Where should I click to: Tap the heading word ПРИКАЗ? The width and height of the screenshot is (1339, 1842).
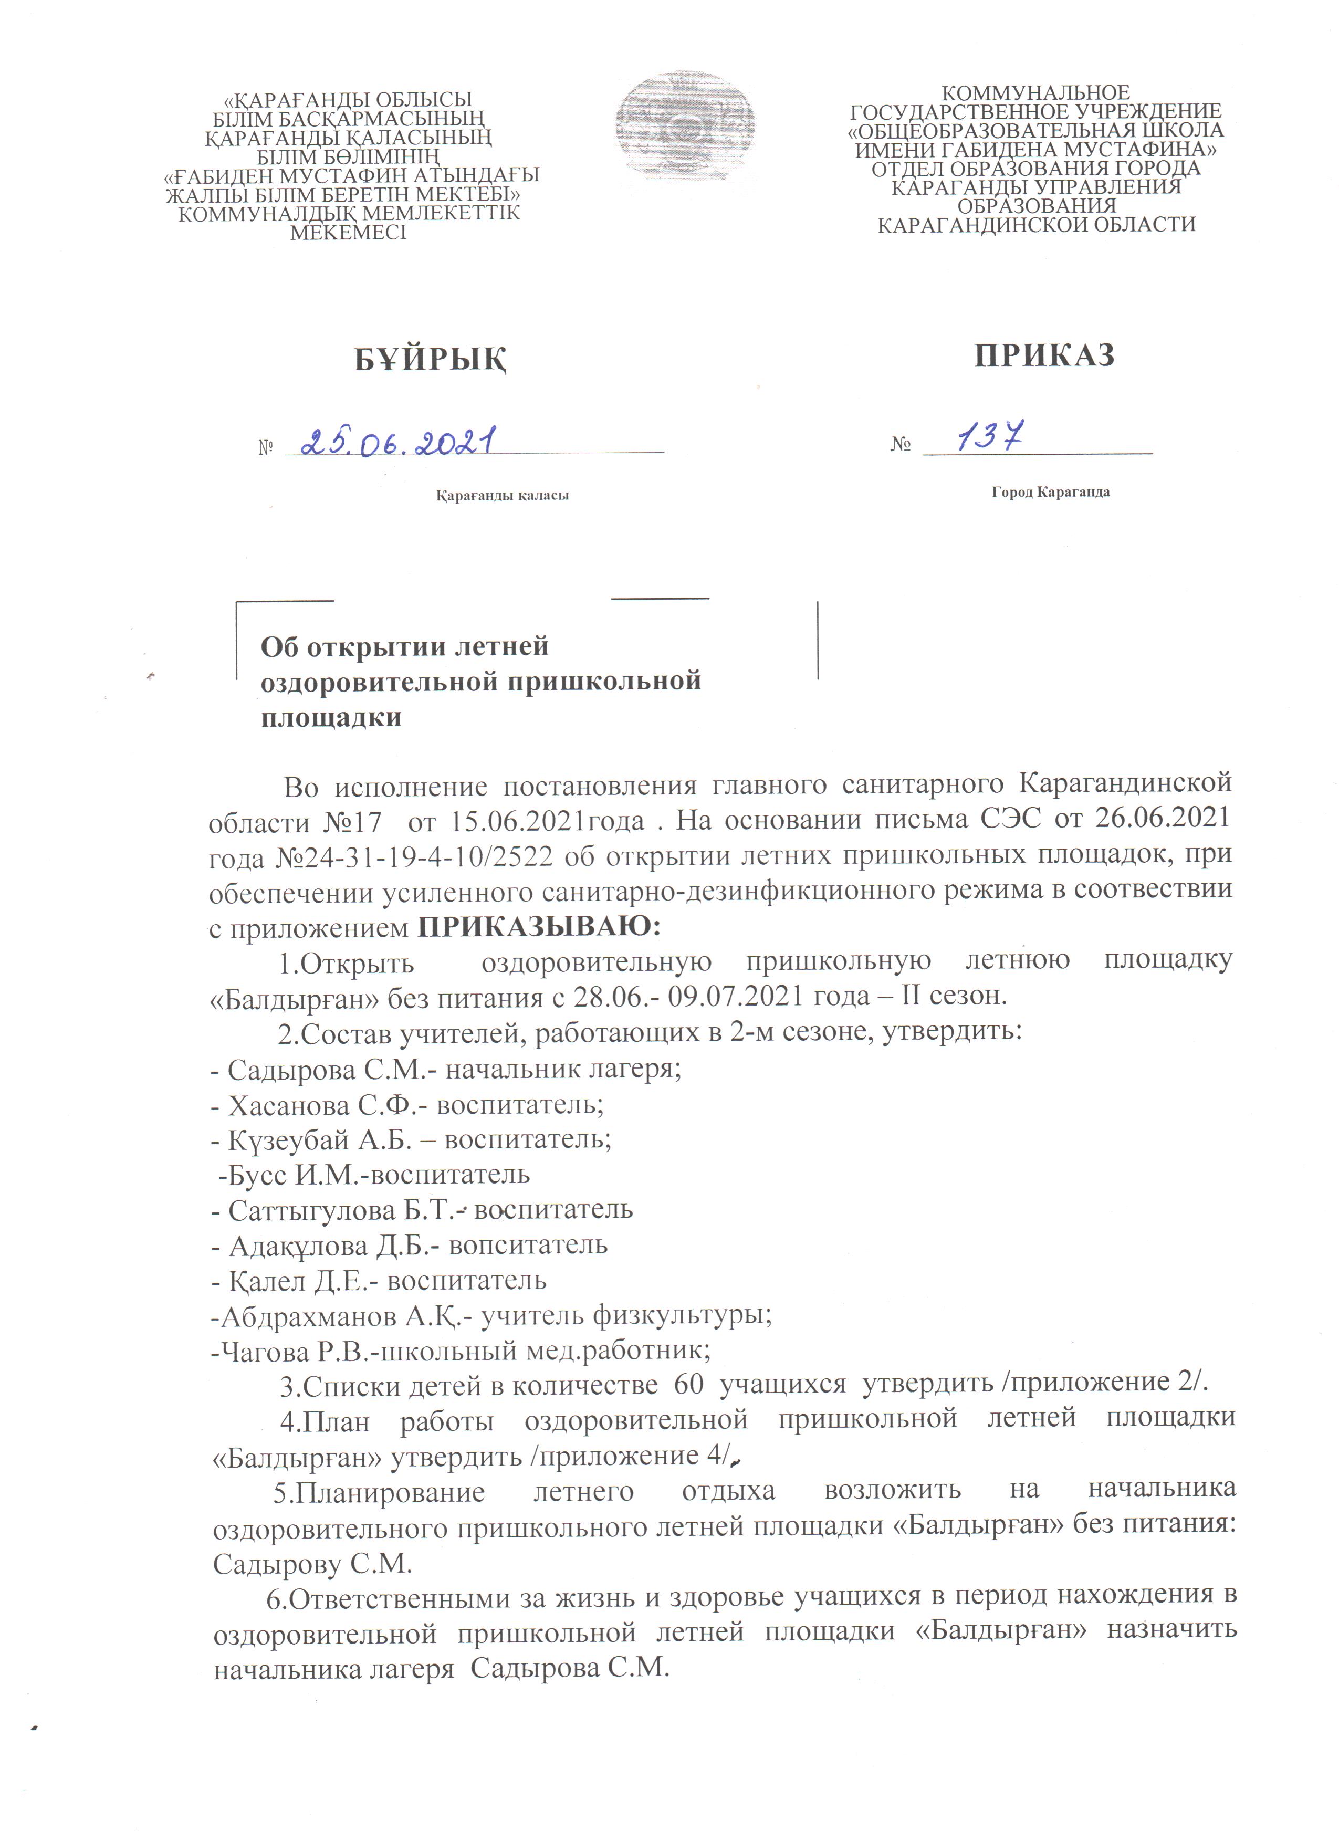(1044, 355)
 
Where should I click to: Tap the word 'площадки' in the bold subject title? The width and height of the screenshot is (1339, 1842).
(331, 718)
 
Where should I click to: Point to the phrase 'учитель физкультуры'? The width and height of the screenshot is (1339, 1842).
(625, 1316)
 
